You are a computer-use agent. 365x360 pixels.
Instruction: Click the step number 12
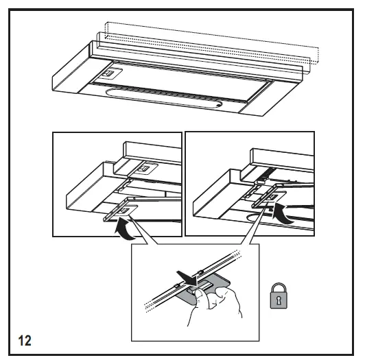pyautogui.click(x=25, y=341)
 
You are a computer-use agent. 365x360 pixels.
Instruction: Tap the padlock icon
pyautogui.click(x=279, y=296)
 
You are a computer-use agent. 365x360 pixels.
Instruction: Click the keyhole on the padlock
pyautogui.click(x=279, y=300)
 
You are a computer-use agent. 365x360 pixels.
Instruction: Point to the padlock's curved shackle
pyautogui.click(x=279, y=287)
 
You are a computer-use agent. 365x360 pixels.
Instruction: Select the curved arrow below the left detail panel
pyautogui.click(x=124, y=229)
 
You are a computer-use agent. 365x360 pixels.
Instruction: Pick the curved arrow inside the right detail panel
pyautogui.click(x=282, y=213)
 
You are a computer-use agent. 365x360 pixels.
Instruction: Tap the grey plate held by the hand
pyautogui.click(x=203, y=289)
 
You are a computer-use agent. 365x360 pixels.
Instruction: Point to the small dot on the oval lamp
pyautogui.click(x=218, y=105)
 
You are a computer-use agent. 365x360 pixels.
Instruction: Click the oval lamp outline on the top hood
pyautogui.click(x=164, y=97)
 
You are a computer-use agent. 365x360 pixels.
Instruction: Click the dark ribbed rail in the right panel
pyautogui.click(x=266, y=174)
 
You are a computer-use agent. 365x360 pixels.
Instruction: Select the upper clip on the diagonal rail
pyautogui.click(x=200, y=272)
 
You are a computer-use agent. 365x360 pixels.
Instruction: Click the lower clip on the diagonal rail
pyautogui.click(x=176, y=285)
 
